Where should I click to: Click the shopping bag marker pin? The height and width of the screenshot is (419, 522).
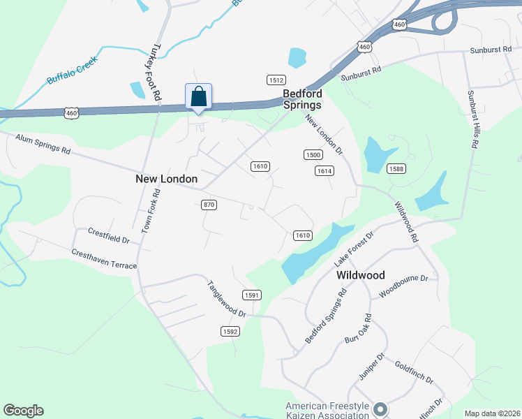pos(198,97)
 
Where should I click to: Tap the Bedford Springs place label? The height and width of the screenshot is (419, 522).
pos(301,99)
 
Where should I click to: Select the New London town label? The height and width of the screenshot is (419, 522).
pos(166,179)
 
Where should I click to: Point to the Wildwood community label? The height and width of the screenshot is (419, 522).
pos(361,275)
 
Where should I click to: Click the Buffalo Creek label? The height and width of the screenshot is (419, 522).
pos(70,70)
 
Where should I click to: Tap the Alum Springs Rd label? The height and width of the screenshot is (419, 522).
pos(43,145)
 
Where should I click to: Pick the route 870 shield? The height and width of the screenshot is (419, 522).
pos(208,205)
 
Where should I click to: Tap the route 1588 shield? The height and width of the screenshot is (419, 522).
pos(396,169)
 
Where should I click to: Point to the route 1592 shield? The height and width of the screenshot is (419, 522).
pos(230,331)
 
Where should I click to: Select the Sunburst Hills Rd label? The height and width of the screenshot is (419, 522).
pos(474,118)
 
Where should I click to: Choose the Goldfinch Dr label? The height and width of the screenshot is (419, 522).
pos(414,372)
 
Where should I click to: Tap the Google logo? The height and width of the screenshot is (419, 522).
pos(24,411)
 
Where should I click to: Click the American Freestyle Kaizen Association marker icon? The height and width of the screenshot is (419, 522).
pos(380,409)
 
